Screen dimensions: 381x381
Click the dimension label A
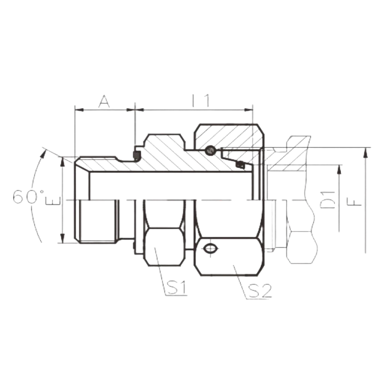tap(104, 101)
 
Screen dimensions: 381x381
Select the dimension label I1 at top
tap(201, 101)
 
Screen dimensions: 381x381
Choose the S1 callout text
tap(176, 288)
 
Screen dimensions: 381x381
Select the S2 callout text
tap(259, 291)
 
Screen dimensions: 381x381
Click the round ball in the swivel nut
tap(210, 151)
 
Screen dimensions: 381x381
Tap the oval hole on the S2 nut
tap(210, 248)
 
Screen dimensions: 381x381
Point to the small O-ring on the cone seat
tap(240, 164)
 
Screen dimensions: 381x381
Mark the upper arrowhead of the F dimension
tap(365, 154)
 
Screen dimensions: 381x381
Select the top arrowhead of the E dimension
tap(63, 162)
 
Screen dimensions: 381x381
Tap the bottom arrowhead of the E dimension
tap(63, 238)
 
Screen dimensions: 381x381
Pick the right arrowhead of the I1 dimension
tap(248, 110)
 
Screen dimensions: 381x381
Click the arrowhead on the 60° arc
tap(44, 153)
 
